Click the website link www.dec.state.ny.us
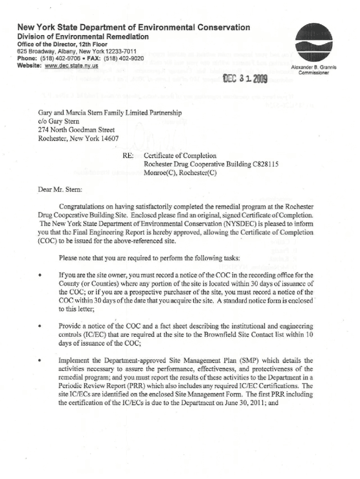(x=71, y=65)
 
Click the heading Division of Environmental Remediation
(x=83, y=36)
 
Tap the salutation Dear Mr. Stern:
(x=59, y=190)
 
